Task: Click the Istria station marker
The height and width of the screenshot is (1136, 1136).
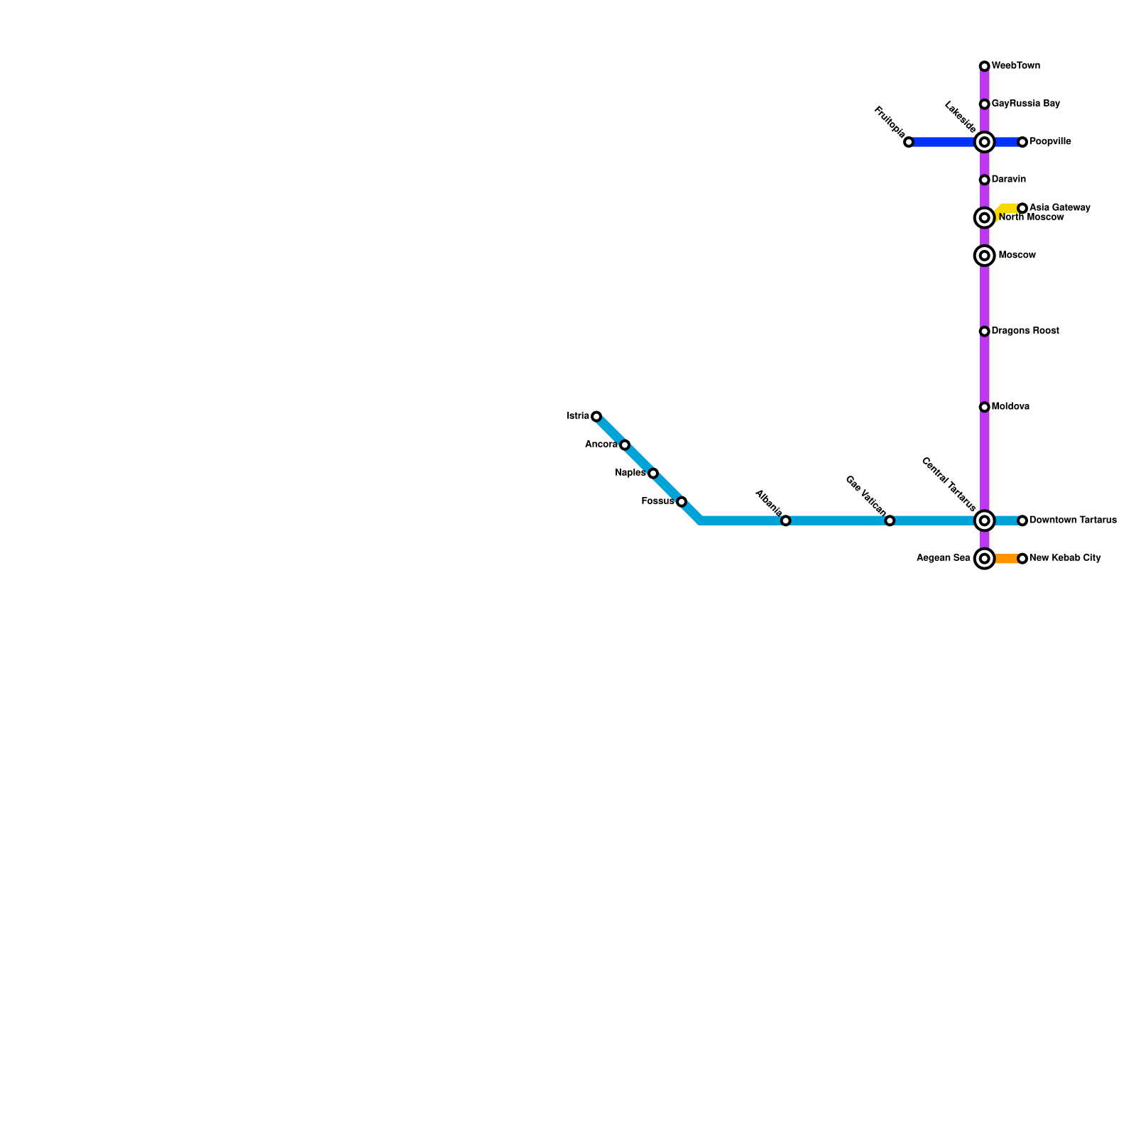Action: pyautogui.click(x=596, y=417)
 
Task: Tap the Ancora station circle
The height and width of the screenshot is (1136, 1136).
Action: pyautogui.click(x=625, y=445)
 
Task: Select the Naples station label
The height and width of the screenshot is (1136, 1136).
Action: pyautogui.click(x=630, y=473)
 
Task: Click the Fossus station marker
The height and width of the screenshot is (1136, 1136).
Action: pyautogui.click(x=682, y=502)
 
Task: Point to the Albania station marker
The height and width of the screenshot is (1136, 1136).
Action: pyautogui.click(x=785, y=521)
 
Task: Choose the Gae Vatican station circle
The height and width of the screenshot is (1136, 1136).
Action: pyautogui.click(x=890, y=521)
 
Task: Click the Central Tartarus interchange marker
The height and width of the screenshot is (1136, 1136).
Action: pyautogui.click(x=984, y=521)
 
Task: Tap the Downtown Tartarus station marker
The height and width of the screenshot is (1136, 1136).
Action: pyautogui.click(x=1022, y=521)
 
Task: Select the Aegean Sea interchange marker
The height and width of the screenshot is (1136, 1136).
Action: pyautogui.click(x=984, y=559)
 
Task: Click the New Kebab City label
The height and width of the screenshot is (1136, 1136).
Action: pyautogui.click(x=1065, y=558)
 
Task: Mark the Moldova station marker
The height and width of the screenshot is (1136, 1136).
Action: pyautogui.click(x=984, y=408)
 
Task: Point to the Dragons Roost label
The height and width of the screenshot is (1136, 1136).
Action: pyautogui.click(x=1025, y=331)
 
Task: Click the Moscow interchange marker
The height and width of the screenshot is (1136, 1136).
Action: pyautogui.click(x=984, y=256)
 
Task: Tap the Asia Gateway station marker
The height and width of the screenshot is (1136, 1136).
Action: pyautogui.click(x=1022, y=208)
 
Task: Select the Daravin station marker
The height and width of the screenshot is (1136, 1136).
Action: pyautogui.click(x=984, y=180)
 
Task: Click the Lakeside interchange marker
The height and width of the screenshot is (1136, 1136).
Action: pyautogui.click(x=984, y=143)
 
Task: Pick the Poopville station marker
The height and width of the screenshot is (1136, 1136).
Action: pyautogui.click(x=1022, y=143)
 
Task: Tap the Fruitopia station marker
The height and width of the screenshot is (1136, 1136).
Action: pyautogui.click(x=909, y=143)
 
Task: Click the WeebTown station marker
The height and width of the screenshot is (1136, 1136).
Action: pyautogui.click(x=984, y=67)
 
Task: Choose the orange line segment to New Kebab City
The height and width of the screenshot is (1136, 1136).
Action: pyautogui.click(x=1005, y=559)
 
